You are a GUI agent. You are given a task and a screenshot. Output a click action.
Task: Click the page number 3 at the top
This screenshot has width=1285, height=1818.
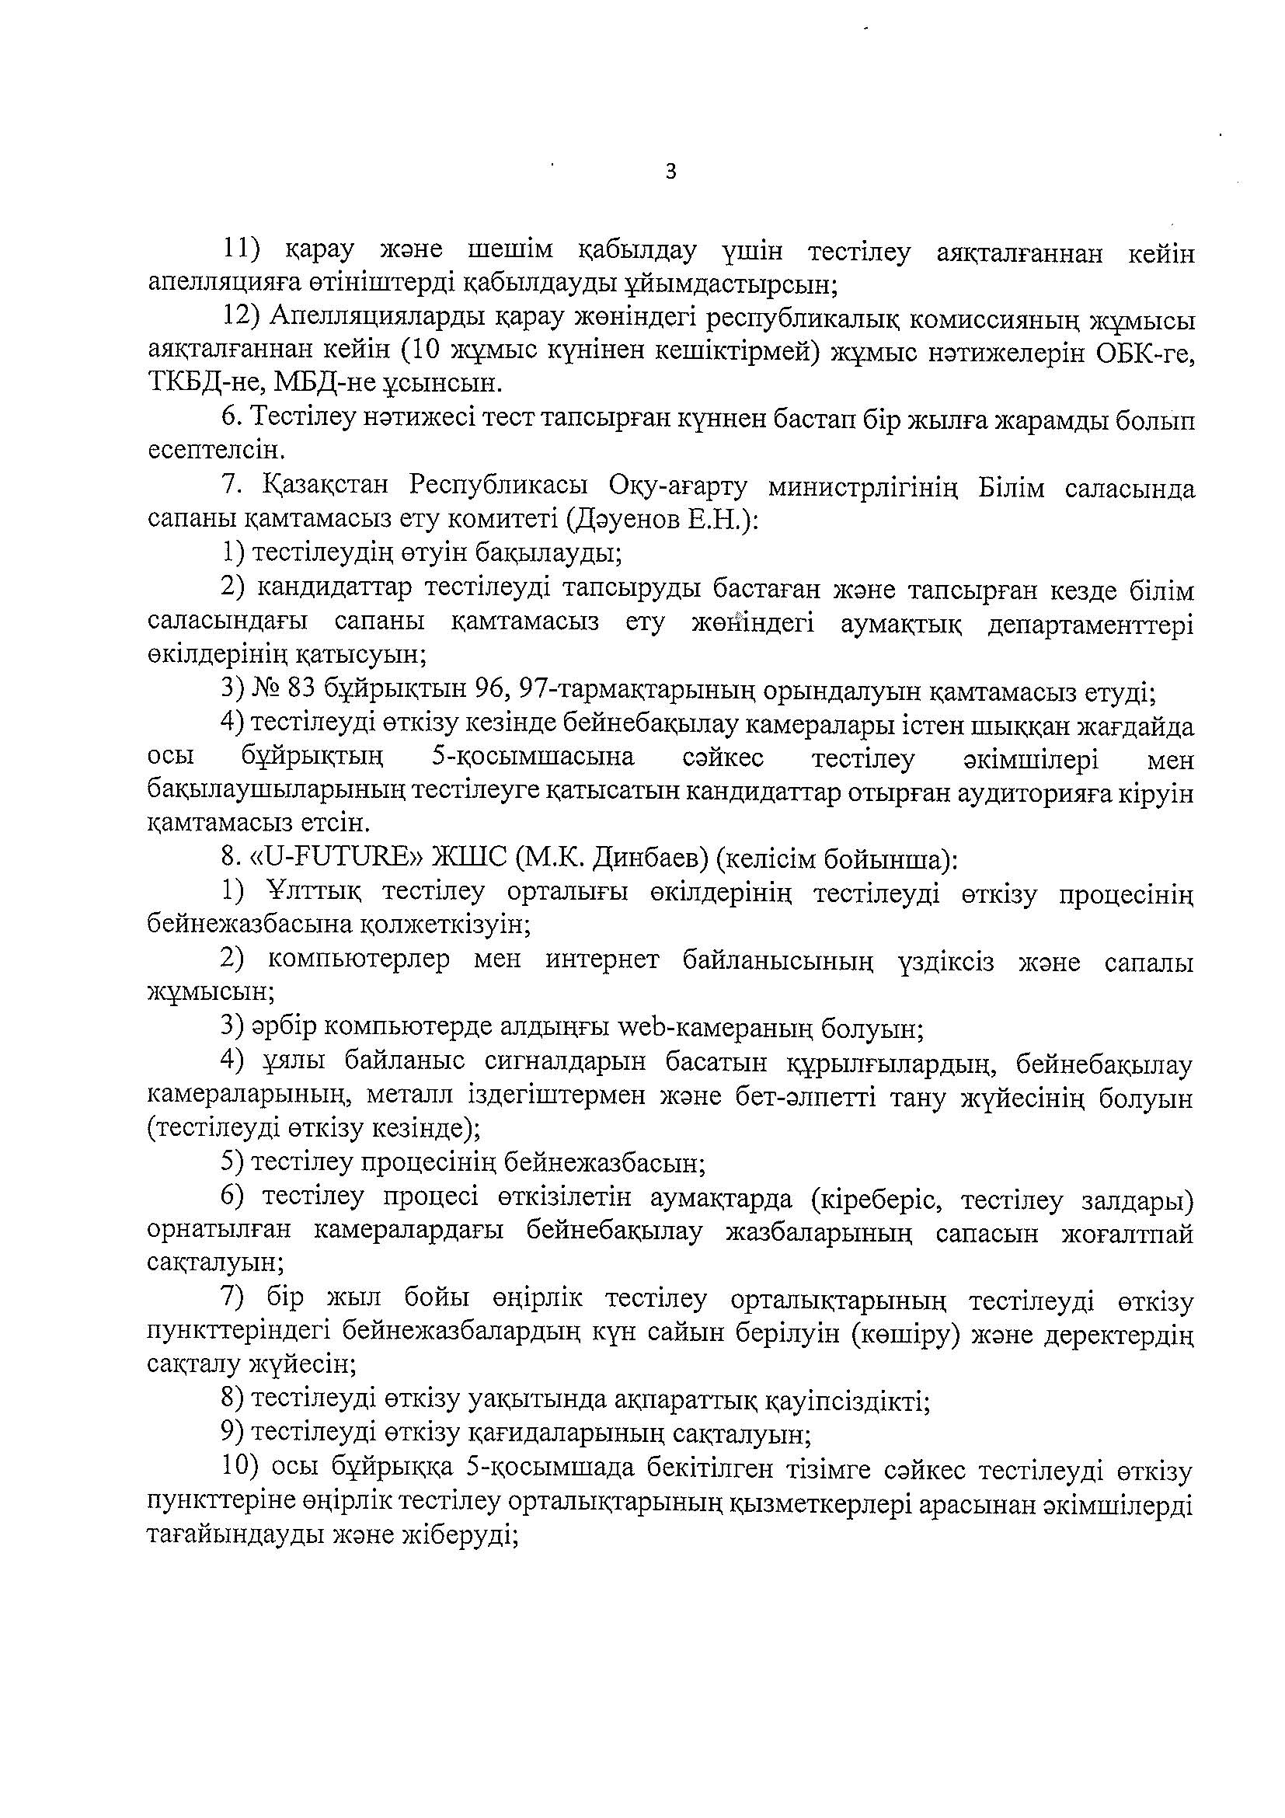(x=671, y=172)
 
